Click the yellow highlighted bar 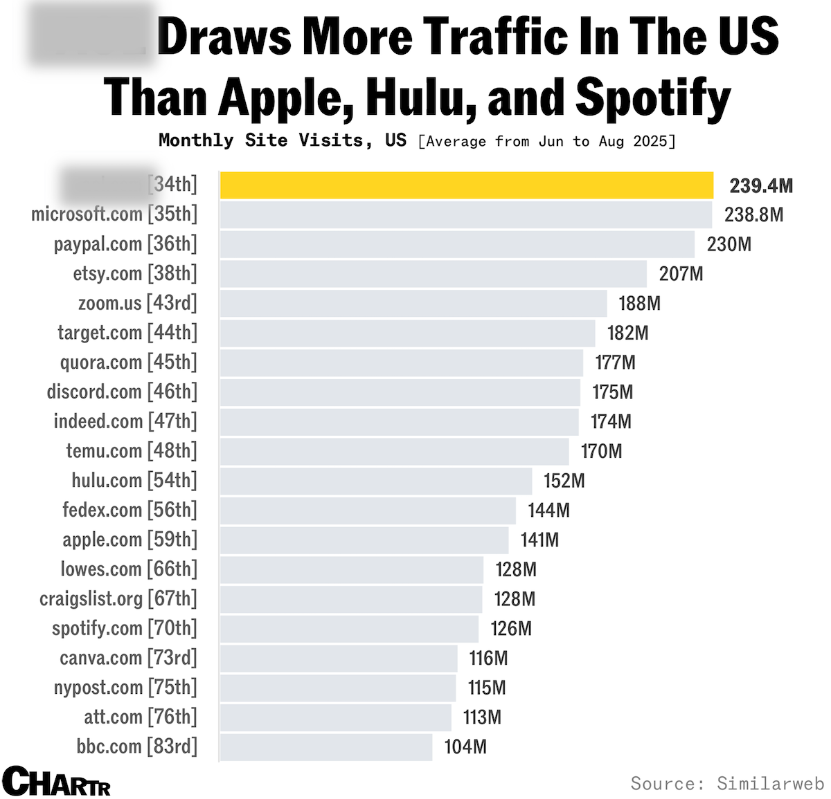coord(466,185)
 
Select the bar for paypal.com coord(457,244)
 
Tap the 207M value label coord(681,274)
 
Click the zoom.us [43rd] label coord(137,303)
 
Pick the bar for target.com coord(407,333)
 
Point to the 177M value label coord(615,362)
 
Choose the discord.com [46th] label coord(122,392)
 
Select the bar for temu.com coord(394,451)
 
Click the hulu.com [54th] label coord(134,480)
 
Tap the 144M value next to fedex coord(548,511)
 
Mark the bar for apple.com coord(364,540)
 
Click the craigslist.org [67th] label coord(118,598)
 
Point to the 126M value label coord(511,628)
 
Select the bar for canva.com coord(339,658)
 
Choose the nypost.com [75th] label coord(125,687)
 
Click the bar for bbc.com coord(326,746)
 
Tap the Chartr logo coord(56,782)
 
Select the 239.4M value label coord(760,185)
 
